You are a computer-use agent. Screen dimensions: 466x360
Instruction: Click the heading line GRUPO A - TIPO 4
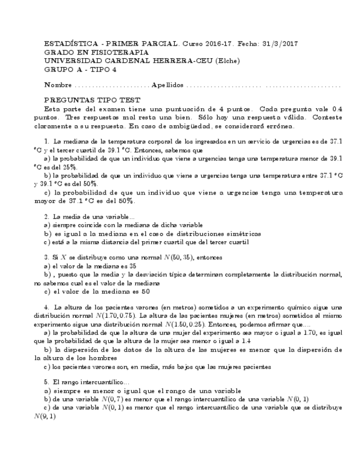(80, 70)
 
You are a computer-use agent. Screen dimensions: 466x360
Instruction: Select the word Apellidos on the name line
(167, 86)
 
